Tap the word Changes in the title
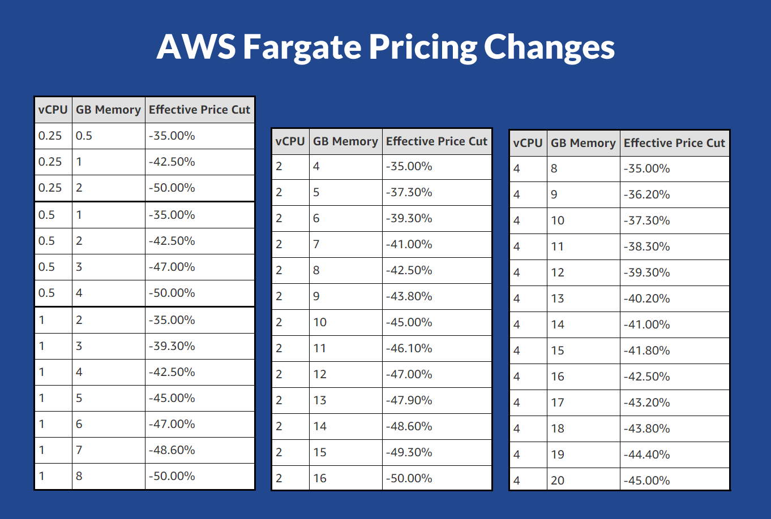tap(549, 47)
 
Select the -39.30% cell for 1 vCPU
tap(172, 346)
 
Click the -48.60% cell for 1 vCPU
tap(172, 450)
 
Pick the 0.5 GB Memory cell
tap(84, 136)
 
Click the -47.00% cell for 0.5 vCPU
tap(172, 267)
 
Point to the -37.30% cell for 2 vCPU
tap(409, 192)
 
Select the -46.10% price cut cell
tap(409, 348)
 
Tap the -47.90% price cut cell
tap(409, 400)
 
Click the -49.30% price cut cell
tap(409, 452)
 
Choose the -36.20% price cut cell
tap(646, 194)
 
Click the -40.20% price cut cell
tap(646, 299)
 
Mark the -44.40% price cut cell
tap(646, 455)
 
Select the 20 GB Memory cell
tap(558, 481)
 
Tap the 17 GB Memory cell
tap(558, 403)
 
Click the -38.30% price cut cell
tap(646, 246)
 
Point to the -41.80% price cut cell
tap(646, 351)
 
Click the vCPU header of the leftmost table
tap(53, 110)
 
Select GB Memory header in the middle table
tap(345, 141)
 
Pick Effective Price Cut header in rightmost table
tap(674, 143)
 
